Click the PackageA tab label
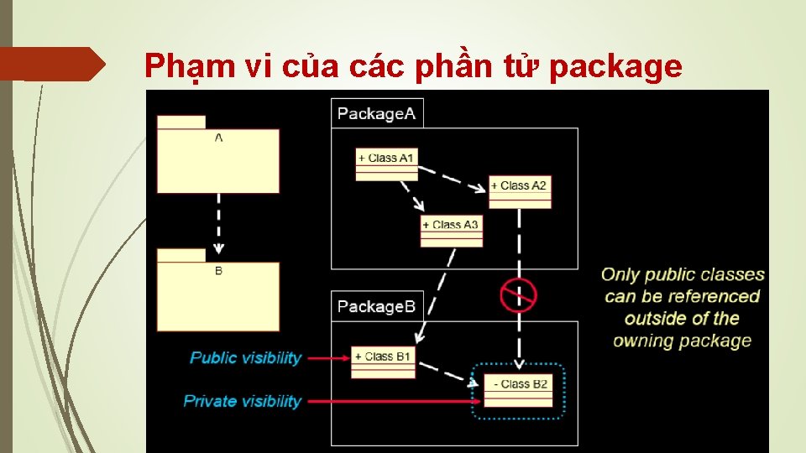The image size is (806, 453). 376,113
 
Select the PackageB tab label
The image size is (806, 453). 376,306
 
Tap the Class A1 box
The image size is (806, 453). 386,164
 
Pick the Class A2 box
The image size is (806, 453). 520,192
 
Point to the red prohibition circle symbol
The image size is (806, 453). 518,294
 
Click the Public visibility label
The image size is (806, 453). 245,357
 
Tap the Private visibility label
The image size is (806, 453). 242,401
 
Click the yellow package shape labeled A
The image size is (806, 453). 217,159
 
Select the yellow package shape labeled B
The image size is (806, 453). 217,293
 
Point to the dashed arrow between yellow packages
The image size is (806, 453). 218,221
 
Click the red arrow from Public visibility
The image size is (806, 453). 327,358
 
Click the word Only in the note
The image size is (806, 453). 621,274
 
